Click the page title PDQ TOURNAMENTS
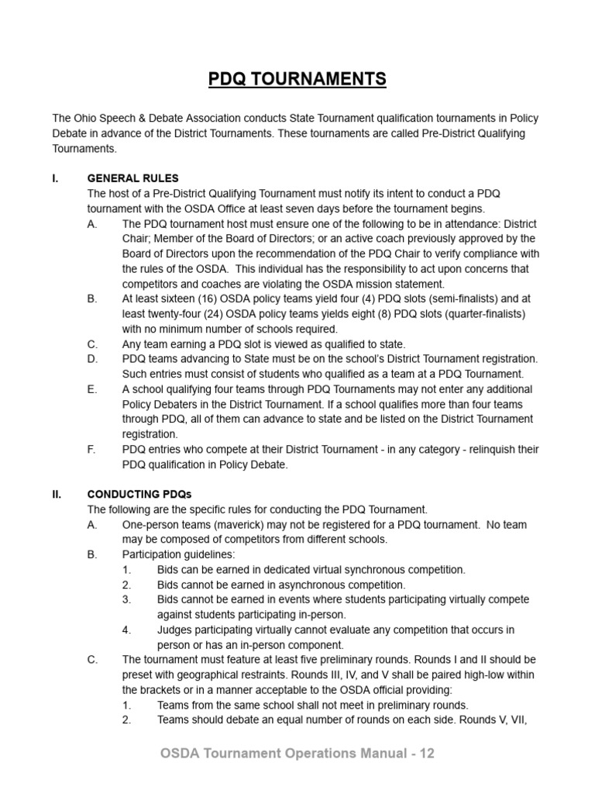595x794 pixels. pos(297,79)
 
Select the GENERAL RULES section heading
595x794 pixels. pos(132,178)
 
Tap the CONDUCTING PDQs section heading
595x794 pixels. pos(139,494)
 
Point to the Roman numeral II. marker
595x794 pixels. pos(57,494)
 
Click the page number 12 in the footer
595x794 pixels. pos(428,753)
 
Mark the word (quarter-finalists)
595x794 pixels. pos(481,314)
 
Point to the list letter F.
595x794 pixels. pos(92,449)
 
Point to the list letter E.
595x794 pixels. pos(92,389)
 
